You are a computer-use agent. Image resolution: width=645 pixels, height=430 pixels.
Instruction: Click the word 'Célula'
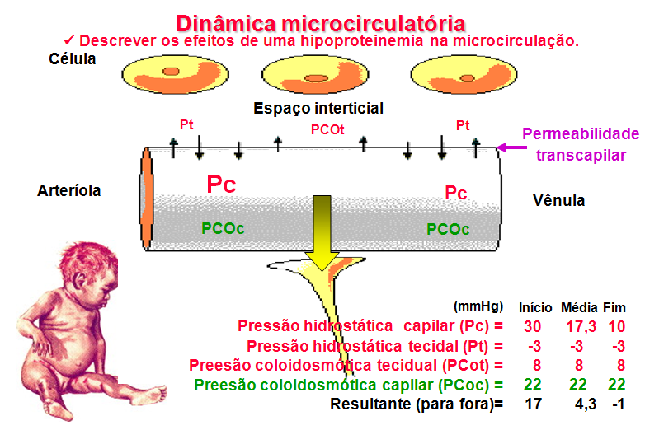[x=73, y=59]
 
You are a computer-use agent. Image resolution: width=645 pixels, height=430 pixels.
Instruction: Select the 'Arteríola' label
[x=69, y=190]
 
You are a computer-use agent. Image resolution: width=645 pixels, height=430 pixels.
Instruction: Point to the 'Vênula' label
[x=558, y=200]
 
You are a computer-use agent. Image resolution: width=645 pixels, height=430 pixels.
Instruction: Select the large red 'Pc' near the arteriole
[x=220, y=184]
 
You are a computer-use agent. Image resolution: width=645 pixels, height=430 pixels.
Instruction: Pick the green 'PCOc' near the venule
[x=449, y=229]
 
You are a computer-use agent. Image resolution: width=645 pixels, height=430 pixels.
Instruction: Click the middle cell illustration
[x=316, y=75]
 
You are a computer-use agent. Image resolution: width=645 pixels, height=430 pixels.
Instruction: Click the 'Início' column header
[x=535, y=307]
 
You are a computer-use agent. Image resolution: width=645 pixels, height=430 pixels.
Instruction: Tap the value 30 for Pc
[x=533, y=326]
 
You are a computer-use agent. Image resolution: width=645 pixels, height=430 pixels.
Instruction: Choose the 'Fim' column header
[x=614, y=307]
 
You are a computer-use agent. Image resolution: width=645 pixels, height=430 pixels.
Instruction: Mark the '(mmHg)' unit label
[x=478, y=306]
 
